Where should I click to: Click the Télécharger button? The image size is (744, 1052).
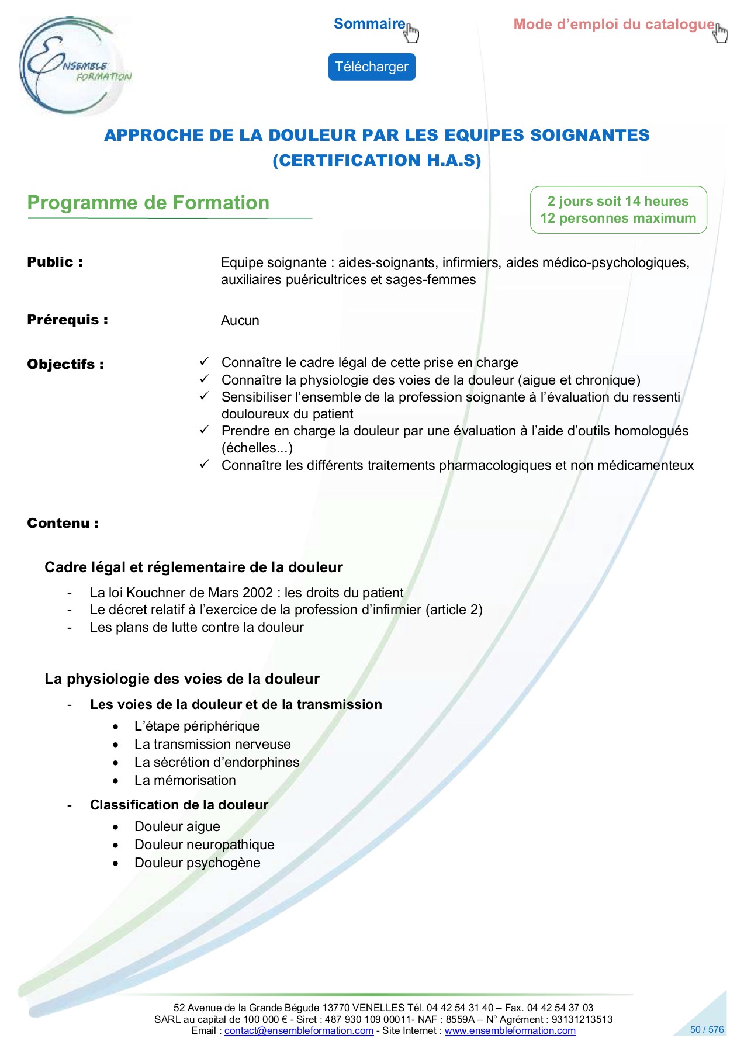(x=371, y=67)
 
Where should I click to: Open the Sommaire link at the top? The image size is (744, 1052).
(x=369, y=24)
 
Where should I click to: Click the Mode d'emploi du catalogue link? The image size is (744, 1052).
(x=614, y=25)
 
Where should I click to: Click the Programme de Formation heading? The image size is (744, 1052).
(x=148, y=203)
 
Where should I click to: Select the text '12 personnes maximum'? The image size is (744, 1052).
(x=618, y=219)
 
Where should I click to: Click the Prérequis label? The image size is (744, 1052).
(x=67, y=320)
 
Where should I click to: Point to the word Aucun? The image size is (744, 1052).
(x=240, y=320)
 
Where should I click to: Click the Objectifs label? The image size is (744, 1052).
(x=65, y=364)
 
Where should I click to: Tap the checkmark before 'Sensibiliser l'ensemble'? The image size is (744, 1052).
(x=204, y=396)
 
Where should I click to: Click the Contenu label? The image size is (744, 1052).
(x=63, y=523)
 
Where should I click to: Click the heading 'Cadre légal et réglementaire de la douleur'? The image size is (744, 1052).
(x=193, y=567)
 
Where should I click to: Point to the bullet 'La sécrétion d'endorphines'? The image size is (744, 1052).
(x=216, y=762)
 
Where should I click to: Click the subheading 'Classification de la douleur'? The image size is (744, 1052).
(x=179, y=805)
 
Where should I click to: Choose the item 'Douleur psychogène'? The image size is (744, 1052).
(x=197, y=863)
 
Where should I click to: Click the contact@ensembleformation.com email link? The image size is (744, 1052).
(x=299, y=1031)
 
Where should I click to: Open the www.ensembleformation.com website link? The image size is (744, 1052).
(x=510, y=1031)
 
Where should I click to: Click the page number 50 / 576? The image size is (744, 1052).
(x=707, y=1030)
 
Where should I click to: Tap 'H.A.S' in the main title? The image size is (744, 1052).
(x=450, y=161)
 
